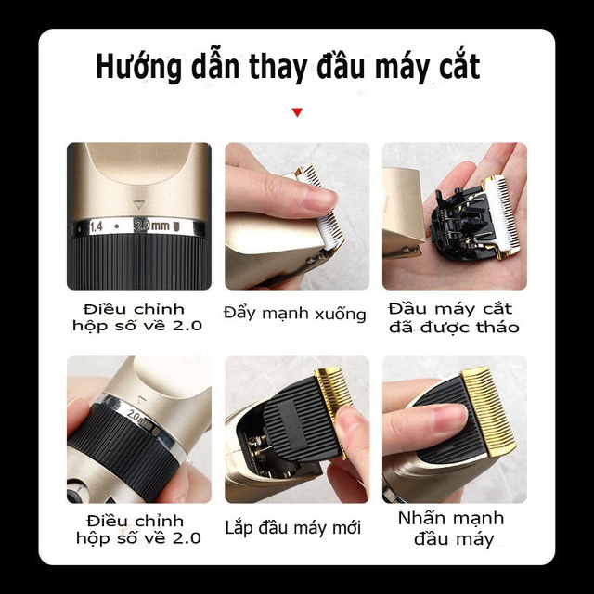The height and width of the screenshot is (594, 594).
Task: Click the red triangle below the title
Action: pos(297,112)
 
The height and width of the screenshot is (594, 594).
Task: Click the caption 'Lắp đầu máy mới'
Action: pos(293,528)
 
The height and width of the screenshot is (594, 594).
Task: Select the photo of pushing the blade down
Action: pos(297,216)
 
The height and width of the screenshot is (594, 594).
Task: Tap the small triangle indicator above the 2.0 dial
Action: pos(140,203)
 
